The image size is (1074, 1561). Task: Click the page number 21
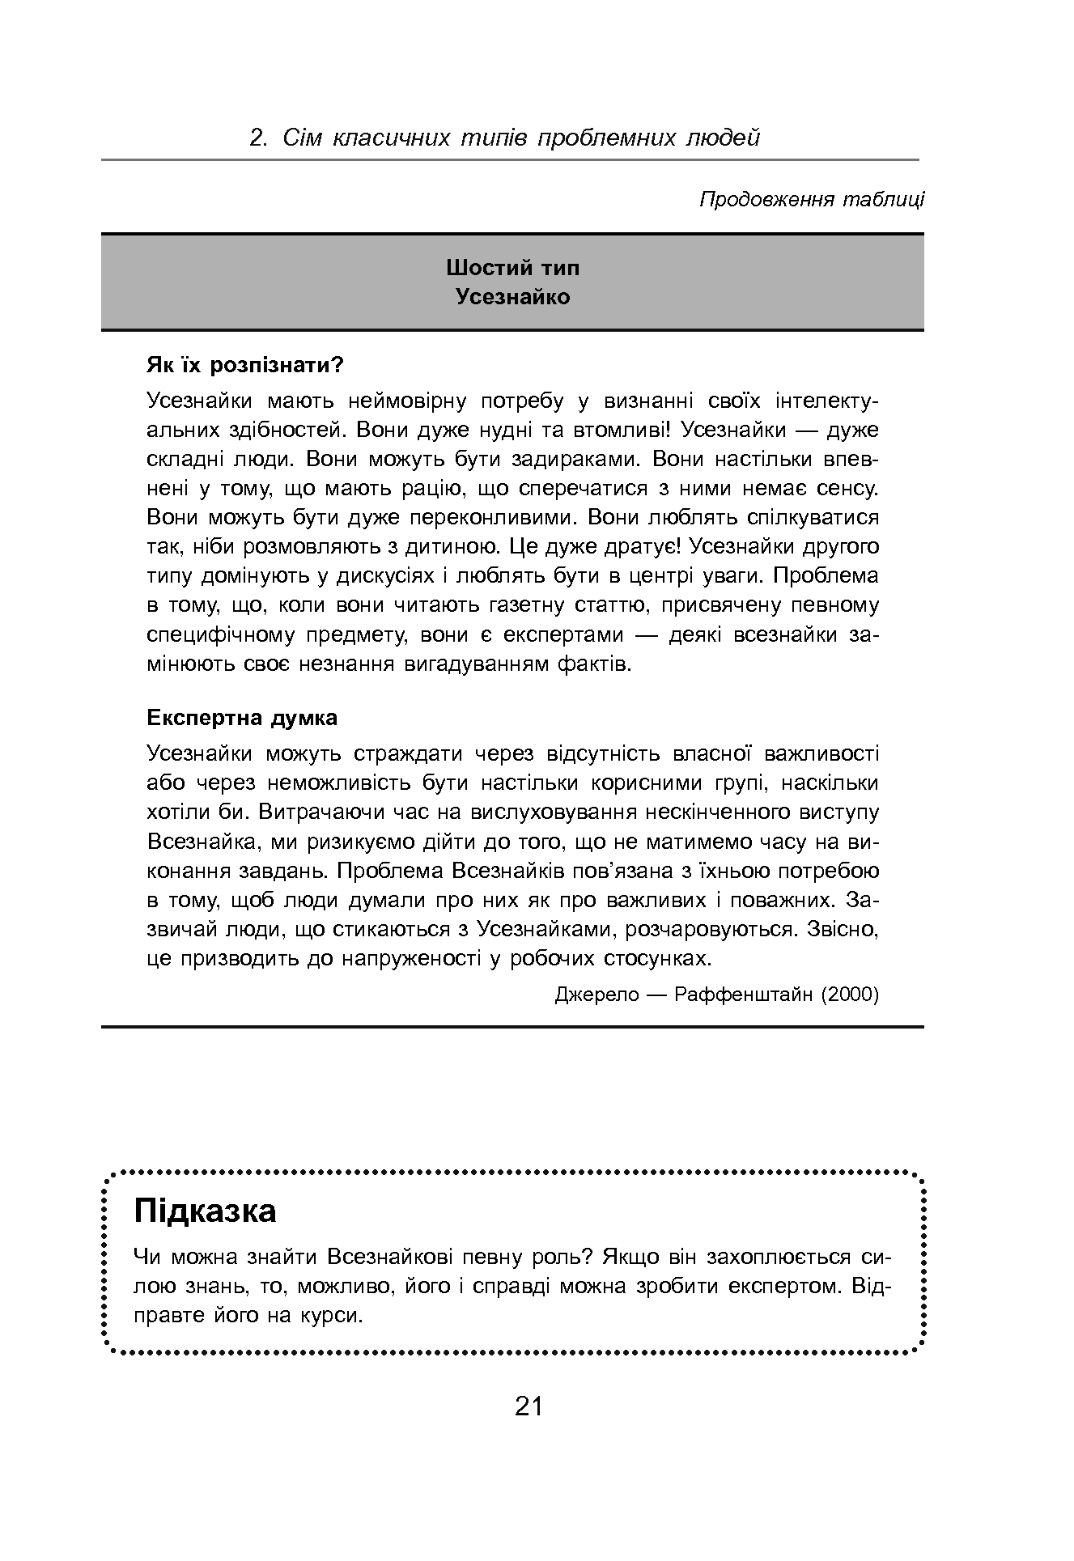pos(528,1406)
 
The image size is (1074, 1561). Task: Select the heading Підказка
pos(206,1211)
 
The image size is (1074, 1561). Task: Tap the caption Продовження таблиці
pos(811,199)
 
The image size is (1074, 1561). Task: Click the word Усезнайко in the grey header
pos(512,297)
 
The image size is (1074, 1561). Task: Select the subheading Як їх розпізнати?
pos(245,365)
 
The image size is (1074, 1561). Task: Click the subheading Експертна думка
pos(242,718)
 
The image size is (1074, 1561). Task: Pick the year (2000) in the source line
pos(849,995)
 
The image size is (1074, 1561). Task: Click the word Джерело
pos(597,995)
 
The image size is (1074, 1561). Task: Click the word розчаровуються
pos(711,929)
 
